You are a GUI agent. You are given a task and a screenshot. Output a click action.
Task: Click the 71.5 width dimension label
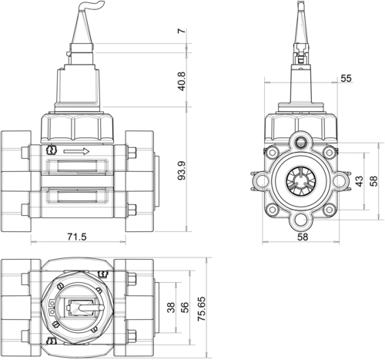[x=77, y=237]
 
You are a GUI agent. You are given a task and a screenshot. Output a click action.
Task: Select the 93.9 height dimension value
[x=182, y=170]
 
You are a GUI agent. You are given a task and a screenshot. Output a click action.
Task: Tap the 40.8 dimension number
[x=182, y=81]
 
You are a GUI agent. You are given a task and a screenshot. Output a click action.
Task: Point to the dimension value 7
[x=182, y=31]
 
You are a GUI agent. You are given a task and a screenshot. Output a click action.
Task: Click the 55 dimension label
[x=346, y=78]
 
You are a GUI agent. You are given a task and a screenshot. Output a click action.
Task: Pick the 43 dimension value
[x=360, y=181]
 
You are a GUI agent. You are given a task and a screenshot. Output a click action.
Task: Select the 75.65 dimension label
[x=202, y=309]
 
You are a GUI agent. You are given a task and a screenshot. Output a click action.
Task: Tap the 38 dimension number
[x=171, y=308]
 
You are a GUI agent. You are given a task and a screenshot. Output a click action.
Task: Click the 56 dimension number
[x=185, y=308]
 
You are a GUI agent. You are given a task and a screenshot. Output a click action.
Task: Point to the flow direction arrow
[x=76, y=152]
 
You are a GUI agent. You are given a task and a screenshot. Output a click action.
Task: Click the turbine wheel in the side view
[x=300, y=181]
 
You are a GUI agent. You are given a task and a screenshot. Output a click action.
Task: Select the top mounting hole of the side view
[x=300, y=141]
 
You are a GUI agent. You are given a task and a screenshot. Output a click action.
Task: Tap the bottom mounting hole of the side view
[x=300, y=220]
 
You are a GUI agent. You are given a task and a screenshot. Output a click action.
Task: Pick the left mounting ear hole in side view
[x=261, y=181]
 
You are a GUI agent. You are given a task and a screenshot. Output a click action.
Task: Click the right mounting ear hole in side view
[x=340, y=181]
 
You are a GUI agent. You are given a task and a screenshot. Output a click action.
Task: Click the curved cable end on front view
[x=92, y=5]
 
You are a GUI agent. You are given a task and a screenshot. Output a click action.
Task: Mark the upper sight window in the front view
[x=77, y=167]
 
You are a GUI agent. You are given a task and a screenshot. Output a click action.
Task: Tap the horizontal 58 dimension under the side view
[x=303, y=237]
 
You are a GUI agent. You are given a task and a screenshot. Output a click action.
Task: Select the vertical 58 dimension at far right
[x=374, y=181]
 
